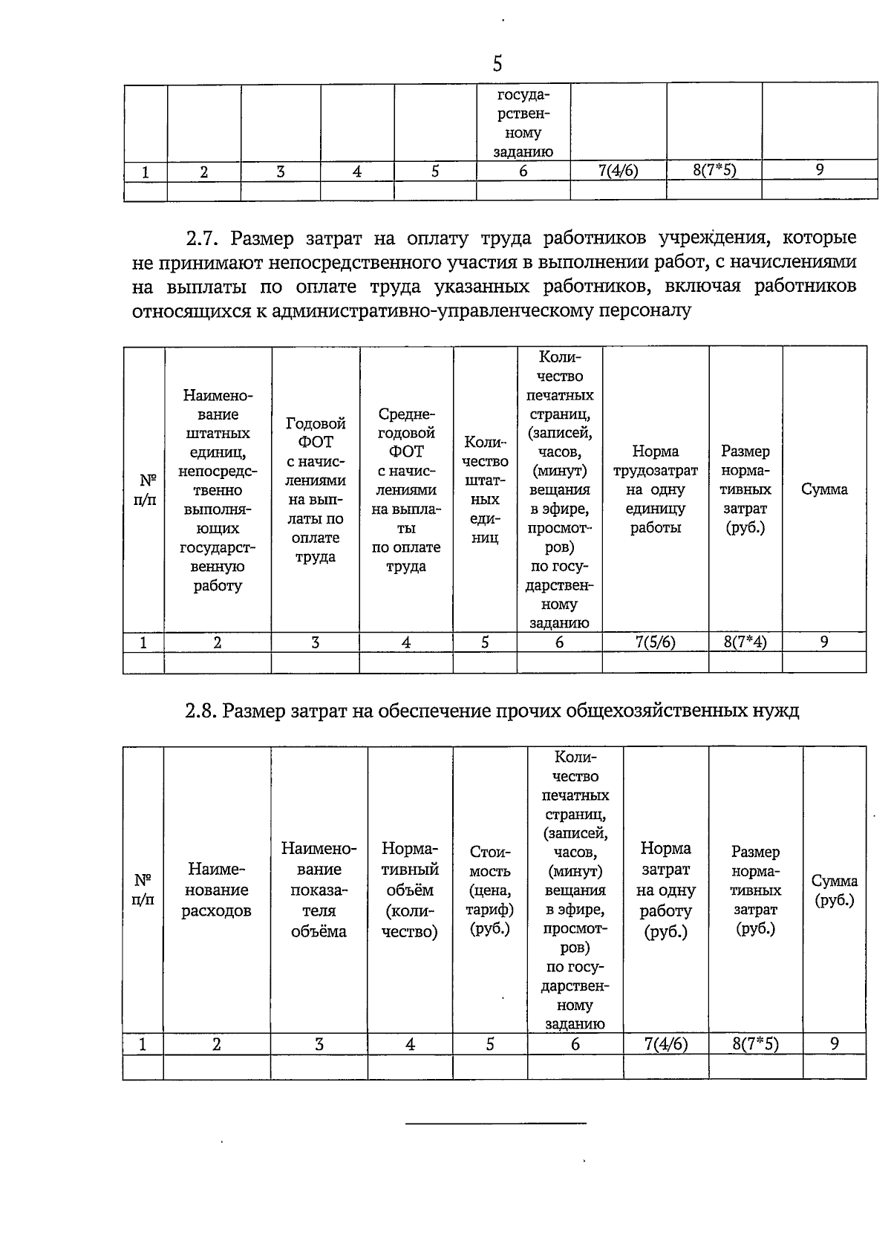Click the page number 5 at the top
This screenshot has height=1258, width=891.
pyautogui.click(x=497, y=64)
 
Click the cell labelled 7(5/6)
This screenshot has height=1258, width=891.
pyautogui.click(x=655, y=642)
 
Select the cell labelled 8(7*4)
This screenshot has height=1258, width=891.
pyautogui.click(x=745, y=642)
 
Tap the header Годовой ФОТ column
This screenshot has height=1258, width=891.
pyautogui.click(x=316, y=490)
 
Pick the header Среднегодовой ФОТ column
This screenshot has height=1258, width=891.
pyautogui.click(x=406, y=490)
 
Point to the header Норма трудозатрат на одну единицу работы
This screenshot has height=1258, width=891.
pyautogui.click(x=655, y=489)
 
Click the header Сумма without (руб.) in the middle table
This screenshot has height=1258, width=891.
pyautogui.click(x=824, y=489)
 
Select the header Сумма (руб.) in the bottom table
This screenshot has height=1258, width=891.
pyautogui.click(x=835, y=890)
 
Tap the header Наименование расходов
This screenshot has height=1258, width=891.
pyautogui.click(x=216, y=890)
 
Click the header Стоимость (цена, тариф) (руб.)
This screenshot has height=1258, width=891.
pyautogui.click(x=490, y=890)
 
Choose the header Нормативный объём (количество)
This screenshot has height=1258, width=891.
pyautogui.click(x=410, y=890)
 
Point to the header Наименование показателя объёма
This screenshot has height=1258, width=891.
pyautogui.click(x=319, y=890)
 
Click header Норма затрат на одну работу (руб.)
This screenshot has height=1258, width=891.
pyautogui.click(x=665, y=890)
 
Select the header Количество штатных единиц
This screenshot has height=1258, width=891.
pyautogui.click(x=485, y=489)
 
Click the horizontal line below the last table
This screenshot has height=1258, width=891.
pyautogui.click(x=496, y=1123)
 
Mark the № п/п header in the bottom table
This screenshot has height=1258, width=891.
pyautogui.click(x=143, y=890)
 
